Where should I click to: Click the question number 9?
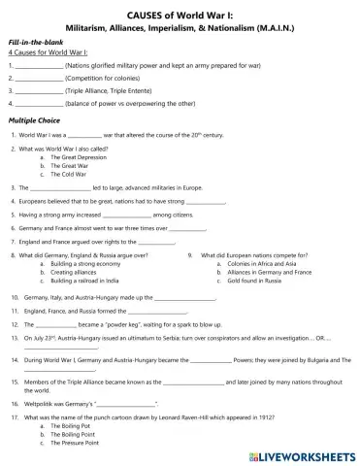[x=190, y=254]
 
